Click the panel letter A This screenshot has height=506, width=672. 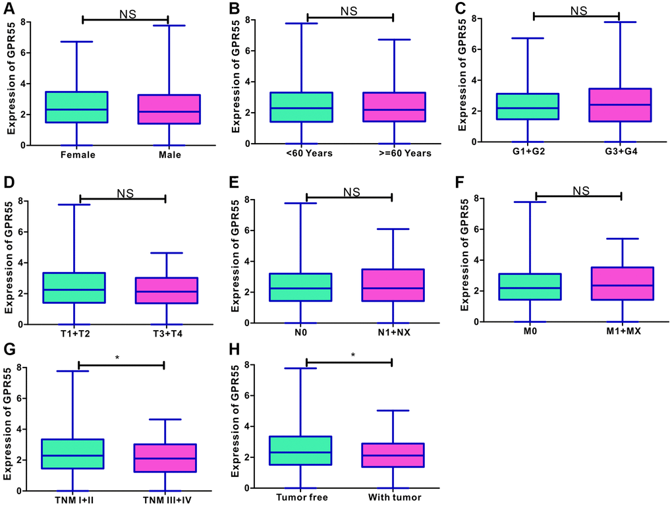[12, 9]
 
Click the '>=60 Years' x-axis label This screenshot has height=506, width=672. [394, 154]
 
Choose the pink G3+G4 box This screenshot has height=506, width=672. [619, 105]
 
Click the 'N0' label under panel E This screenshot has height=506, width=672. [307, 333]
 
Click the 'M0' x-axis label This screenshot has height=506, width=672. [537, 332]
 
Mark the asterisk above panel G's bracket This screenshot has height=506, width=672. [117, 358]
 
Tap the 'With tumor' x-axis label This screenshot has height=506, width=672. [393, 499]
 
